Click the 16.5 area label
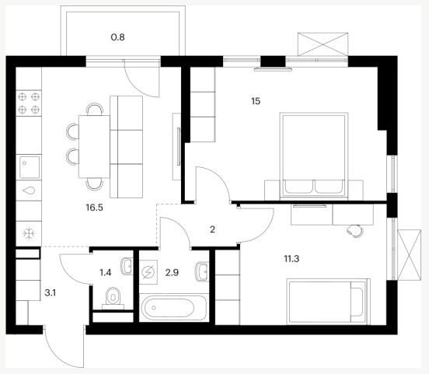(94, 208)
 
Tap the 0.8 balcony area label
(117, 37)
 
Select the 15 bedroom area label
(256, 101)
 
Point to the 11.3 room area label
(291, 258)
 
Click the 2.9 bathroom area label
(172, 272)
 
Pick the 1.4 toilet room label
(106, 272)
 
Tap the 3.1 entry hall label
(50, 293)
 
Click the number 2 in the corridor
(213, 229)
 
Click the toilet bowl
(113, 298)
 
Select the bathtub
(174, 307)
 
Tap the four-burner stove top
(29, 103)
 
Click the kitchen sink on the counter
(30, 167)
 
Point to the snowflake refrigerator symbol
(29, 234)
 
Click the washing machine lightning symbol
(149, 272)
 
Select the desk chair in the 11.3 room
(355, 231)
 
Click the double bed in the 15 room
(314, 156)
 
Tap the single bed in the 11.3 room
(328, 302)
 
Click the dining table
(94, 147)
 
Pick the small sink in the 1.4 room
(127, 266)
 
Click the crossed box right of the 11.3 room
(409, 255)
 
